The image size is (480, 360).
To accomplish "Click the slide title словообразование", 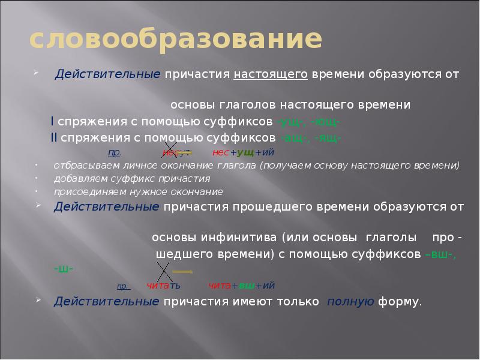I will point(176,40).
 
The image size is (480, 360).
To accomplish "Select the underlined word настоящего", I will point(271,74).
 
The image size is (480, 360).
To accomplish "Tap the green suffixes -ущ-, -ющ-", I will point(308,122).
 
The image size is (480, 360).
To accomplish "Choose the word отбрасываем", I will point(83,166).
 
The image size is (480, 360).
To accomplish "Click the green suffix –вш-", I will point(440,254).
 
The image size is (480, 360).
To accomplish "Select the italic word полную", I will point(350,301).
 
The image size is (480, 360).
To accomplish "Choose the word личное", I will point(153,166).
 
